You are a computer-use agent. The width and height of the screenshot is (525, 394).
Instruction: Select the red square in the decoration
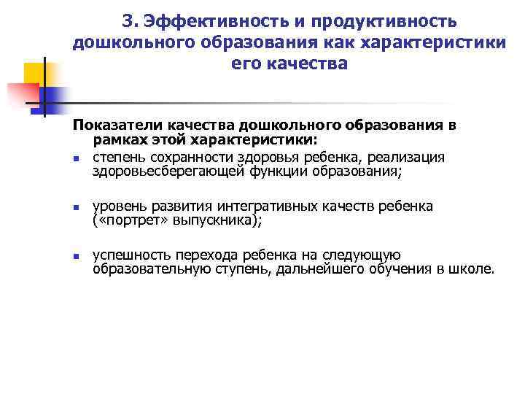[x=22, y=94]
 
